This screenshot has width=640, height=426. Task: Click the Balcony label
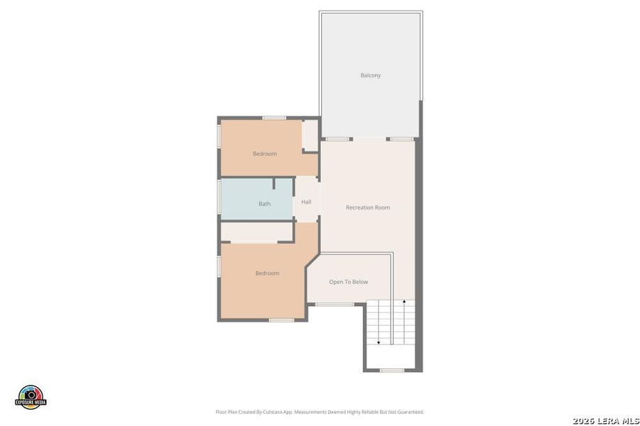tap(370, 75)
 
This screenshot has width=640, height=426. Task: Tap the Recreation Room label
tap(367, 207)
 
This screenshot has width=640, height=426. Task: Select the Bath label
tap(264, 204)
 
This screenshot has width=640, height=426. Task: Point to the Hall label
tap(306, 202)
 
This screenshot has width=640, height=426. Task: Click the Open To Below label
tap(348, 282)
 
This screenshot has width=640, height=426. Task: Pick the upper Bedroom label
tap(265, 153)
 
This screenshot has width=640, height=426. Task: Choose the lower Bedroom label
tap(267, 273)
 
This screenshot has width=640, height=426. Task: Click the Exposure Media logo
tap(31, 398)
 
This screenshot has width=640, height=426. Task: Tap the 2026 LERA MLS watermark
tap(607, 420)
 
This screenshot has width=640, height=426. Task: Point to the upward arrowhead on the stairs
tap(404, 302)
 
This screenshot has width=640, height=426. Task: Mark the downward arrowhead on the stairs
tap(379, 343)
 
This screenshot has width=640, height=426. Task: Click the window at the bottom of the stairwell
tap(392, 370)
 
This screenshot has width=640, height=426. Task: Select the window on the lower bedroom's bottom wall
tap(281, 319)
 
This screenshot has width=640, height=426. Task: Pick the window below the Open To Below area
tap(335, 305)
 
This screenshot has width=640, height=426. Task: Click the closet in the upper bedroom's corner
tap(310, 134)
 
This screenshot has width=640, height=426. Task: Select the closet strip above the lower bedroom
tap(256, 232)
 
